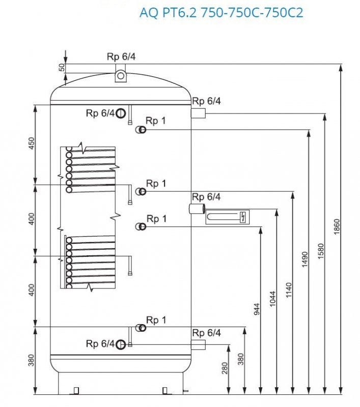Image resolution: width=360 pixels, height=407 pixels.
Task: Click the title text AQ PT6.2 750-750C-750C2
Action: (x=221, y=12)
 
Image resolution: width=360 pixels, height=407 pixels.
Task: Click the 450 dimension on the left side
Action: (x=31, y=144)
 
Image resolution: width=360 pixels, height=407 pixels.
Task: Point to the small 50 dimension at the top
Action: (x=62, y=68)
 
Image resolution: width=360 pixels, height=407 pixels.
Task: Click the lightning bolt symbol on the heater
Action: (x=243, y=218)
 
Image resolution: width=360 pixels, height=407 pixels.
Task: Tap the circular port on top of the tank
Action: (x=121, y=76)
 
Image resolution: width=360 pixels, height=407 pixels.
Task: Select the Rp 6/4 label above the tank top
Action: (x=121, y=56)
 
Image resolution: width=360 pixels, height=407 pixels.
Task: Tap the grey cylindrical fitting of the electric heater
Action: (x=196, y=209)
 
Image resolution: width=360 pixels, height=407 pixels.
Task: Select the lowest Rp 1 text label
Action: (x=156, y=320)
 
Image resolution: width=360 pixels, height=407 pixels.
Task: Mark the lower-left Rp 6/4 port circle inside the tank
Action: (x=121, y=345)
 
